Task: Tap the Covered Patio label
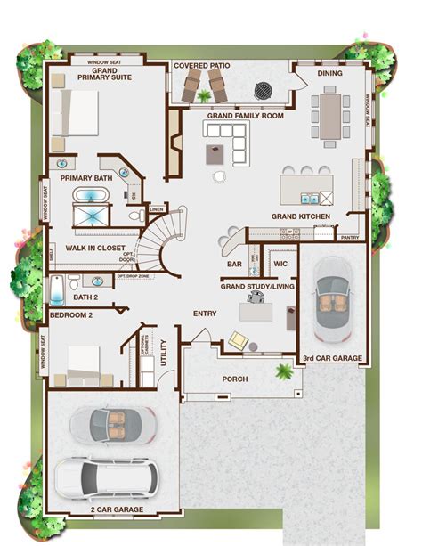[203, 65]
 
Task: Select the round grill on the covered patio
[264, 90]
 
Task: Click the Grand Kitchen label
[301, 216]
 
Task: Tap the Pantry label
[350, 238]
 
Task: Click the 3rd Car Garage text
[332, 358]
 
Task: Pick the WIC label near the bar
[280, 264]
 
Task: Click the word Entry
[205, 314]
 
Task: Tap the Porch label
[235, 379]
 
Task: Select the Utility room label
[164, 350]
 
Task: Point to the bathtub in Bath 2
[56, 289]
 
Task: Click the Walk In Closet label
[95, 249]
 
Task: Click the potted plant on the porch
[285, 370]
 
